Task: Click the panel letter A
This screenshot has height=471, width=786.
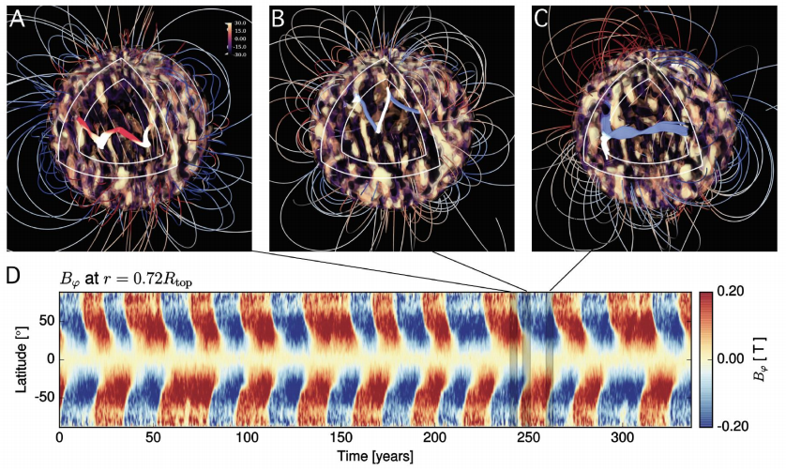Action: [x=16, y=19]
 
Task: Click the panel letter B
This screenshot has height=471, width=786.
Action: [x=279, y=19]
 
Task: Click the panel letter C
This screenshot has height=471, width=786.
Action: [x=541, y=19]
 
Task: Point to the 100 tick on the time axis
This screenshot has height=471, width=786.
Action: [x=247, y=439]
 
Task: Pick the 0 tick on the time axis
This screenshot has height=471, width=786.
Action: [x=59, y=439]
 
